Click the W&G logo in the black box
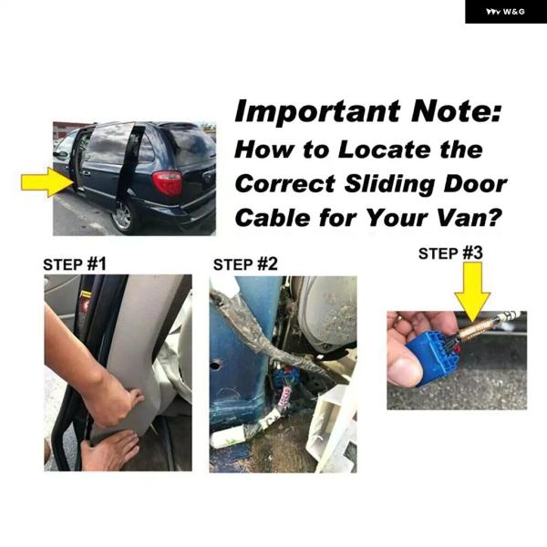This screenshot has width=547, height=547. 505,12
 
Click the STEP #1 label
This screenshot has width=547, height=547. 75,264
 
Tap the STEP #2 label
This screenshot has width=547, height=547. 245,264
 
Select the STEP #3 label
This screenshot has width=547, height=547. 450,253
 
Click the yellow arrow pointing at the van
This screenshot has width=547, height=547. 46,181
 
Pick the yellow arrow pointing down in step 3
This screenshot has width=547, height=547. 472,292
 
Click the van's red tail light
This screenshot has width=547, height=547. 168,183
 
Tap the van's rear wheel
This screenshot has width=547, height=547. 123,216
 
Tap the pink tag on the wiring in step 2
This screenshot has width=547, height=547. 285,397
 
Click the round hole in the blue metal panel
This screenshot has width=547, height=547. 216,366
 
